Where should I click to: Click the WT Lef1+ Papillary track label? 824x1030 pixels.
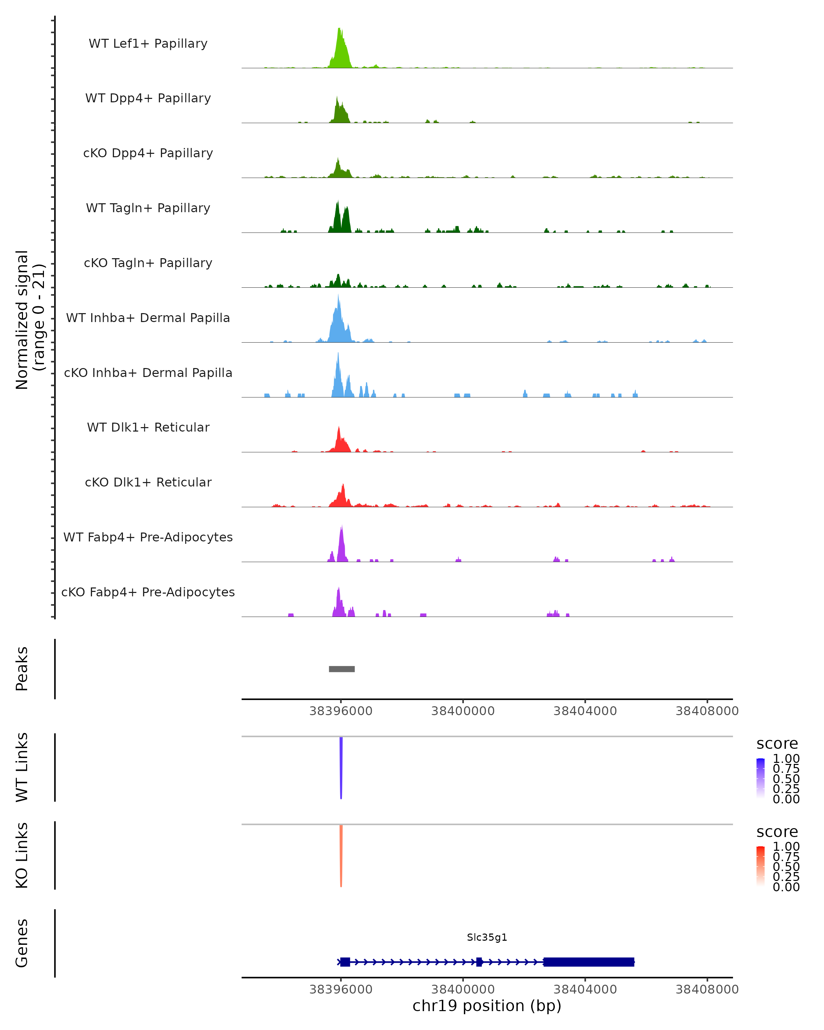coord(148,44)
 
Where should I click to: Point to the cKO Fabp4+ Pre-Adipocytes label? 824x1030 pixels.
coord(148,592)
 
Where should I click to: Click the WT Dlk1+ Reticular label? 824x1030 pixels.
coord(148,427)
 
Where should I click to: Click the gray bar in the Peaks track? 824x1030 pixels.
coord(342,669)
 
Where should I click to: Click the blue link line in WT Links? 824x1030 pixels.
coord(341,764)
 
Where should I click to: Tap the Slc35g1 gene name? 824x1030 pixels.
coord(487,937)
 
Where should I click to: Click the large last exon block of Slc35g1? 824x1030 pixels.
coord(588,962)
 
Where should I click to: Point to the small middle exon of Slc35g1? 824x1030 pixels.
coord(479,962)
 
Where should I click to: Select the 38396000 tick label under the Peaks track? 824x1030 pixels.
coord(341,711)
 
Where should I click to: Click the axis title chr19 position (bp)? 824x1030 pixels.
coord(487,1006)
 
